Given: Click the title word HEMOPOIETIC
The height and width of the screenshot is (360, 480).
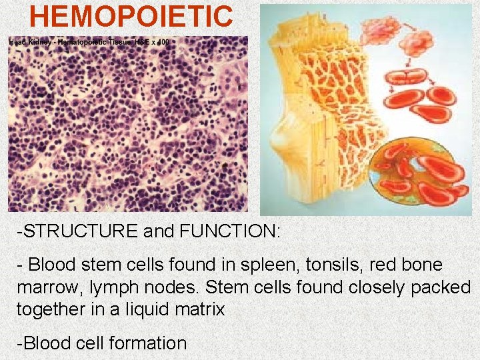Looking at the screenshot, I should [131, 16].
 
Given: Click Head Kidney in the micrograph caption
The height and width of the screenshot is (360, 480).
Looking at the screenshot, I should [31, 42].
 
